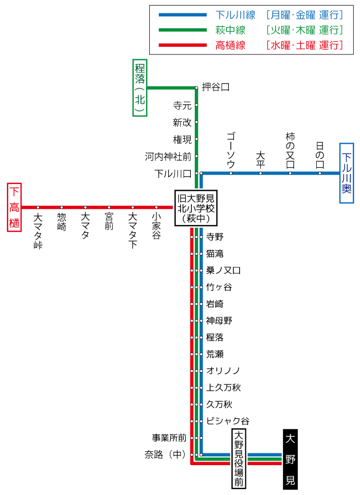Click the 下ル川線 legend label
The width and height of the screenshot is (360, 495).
coord(235,15)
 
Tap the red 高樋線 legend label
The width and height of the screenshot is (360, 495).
coord(230,45)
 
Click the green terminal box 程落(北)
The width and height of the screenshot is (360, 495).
coord(139,88)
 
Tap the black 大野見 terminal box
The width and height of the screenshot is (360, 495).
coord(290,459)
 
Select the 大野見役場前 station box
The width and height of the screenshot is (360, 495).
coord(239,459)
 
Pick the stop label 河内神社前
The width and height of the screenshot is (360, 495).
coord(168,156)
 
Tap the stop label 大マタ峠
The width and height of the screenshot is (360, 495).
coord(38,231)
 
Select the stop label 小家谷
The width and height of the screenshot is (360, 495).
coord(156,226)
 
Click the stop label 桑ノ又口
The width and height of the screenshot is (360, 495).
coord(223,270)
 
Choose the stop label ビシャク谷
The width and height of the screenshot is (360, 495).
coord(227,421)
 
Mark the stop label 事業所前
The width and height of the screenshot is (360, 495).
coord(169,438)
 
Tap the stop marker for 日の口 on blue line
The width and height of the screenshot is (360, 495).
coord(320,173)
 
